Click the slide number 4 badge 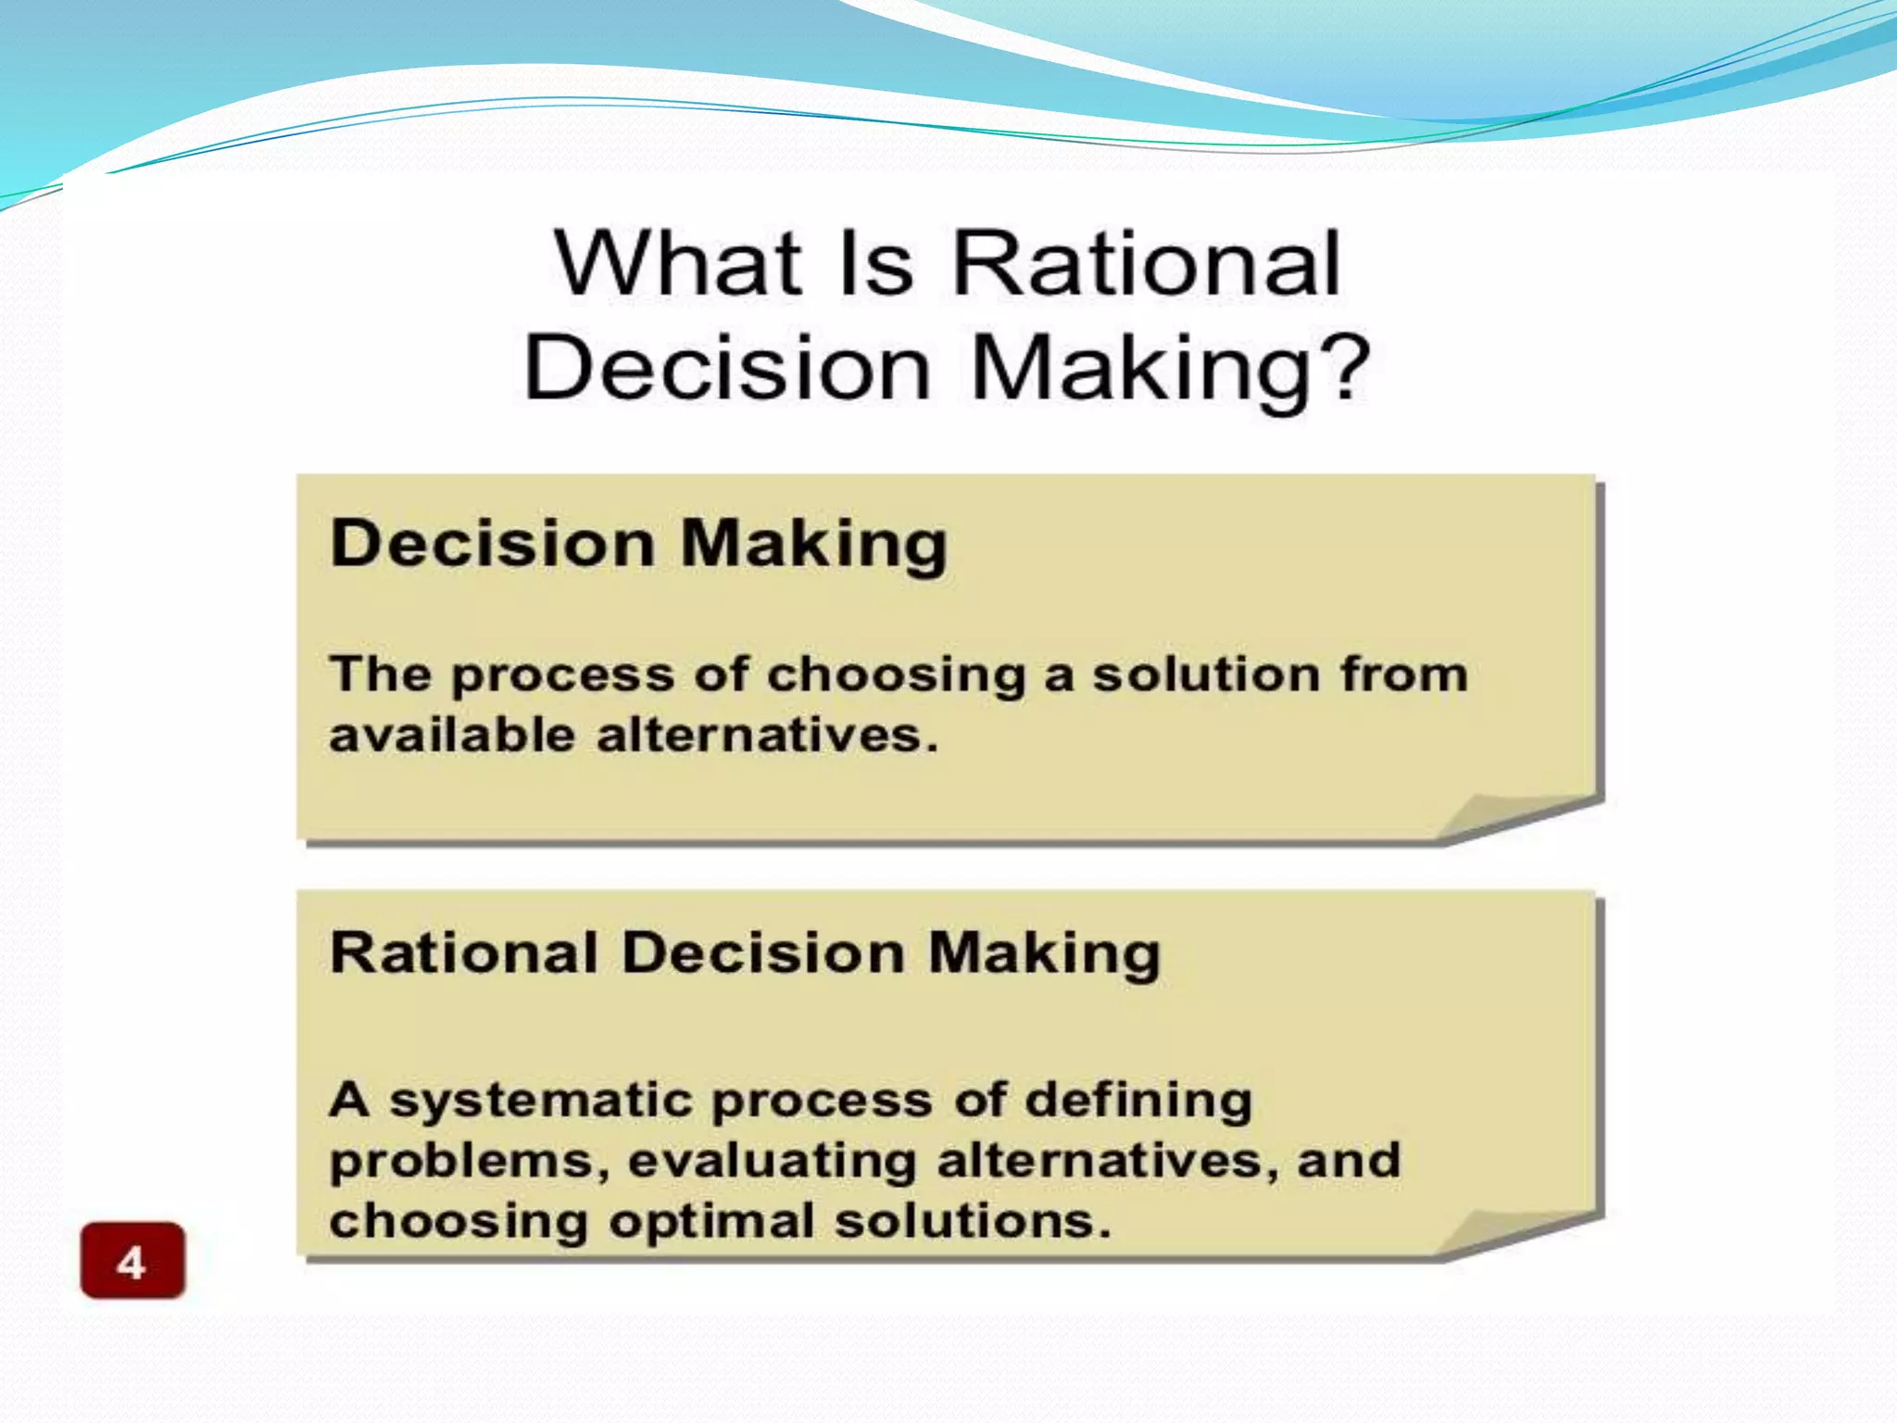click(x=132, y=1261)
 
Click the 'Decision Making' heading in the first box click(x=639, y=543)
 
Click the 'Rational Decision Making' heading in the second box click(x=745, y=953)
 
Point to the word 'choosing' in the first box click(x=897, y=675)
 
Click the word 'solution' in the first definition click(x=1206, y=674)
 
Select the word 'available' click(x=453, y=736)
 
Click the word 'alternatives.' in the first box click(x=768, y=736)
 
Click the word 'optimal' click(x=711, y=1222)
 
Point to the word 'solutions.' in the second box click(x=973, y=1221)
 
